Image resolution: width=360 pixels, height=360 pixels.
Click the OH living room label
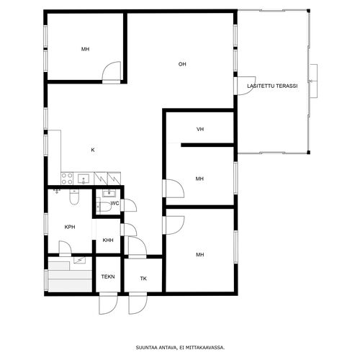(x=182, y=64)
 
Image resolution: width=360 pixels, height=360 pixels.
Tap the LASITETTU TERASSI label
(x=272, y=86)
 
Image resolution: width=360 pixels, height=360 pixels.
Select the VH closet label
(x=200, y=129)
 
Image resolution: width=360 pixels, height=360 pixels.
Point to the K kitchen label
(x=93, y=150)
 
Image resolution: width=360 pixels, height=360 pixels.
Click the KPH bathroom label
(x=70, y=227)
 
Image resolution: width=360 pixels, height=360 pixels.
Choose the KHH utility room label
(x=108, y=240)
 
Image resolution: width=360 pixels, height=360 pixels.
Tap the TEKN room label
(x=108, y=276)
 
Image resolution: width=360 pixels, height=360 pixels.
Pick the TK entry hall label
(x=143, y=279)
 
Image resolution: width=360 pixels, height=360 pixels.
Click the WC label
(x=114, y=203)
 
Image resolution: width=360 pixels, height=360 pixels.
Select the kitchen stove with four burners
(x=67, y=179)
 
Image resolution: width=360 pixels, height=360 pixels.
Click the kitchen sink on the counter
(x=83, y=179)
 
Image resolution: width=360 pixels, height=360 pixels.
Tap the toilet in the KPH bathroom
(x=74, y=197)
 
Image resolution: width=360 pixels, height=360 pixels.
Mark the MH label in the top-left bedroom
(x=85, y=49)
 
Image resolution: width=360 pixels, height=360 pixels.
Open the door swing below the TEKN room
(x=109, y=303)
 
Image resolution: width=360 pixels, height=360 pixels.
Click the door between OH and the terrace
(x=245, y=86)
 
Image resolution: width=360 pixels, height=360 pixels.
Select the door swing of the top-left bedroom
(x=112, y=71)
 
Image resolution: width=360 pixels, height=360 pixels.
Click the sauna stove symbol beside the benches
(x=79, y=260)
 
